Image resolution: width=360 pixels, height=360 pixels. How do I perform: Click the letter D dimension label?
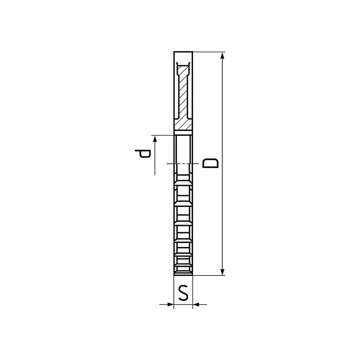tap(211, 163)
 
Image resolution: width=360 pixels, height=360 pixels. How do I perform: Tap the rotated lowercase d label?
tap(143, 153)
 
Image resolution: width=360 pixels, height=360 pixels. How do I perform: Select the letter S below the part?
tap(183, 293)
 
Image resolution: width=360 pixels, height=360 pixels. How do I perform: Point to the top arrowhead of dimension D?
tap(222, 56)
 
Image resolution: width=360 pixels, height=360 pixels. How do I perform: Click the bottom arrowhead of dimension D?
tap(222, 271)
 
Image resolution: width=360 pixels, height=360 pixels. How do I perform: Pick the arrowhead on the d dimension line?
tap(155, 139)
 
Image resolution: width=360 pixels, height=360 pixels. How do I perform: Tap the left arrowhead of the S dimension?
tap(170, 305)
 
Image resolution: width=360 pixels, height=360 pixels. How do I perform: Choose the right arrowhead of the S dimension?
tap(196, 305)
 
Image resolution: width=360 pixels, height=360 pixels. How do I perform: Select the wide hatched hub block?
tap(183, 124)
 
